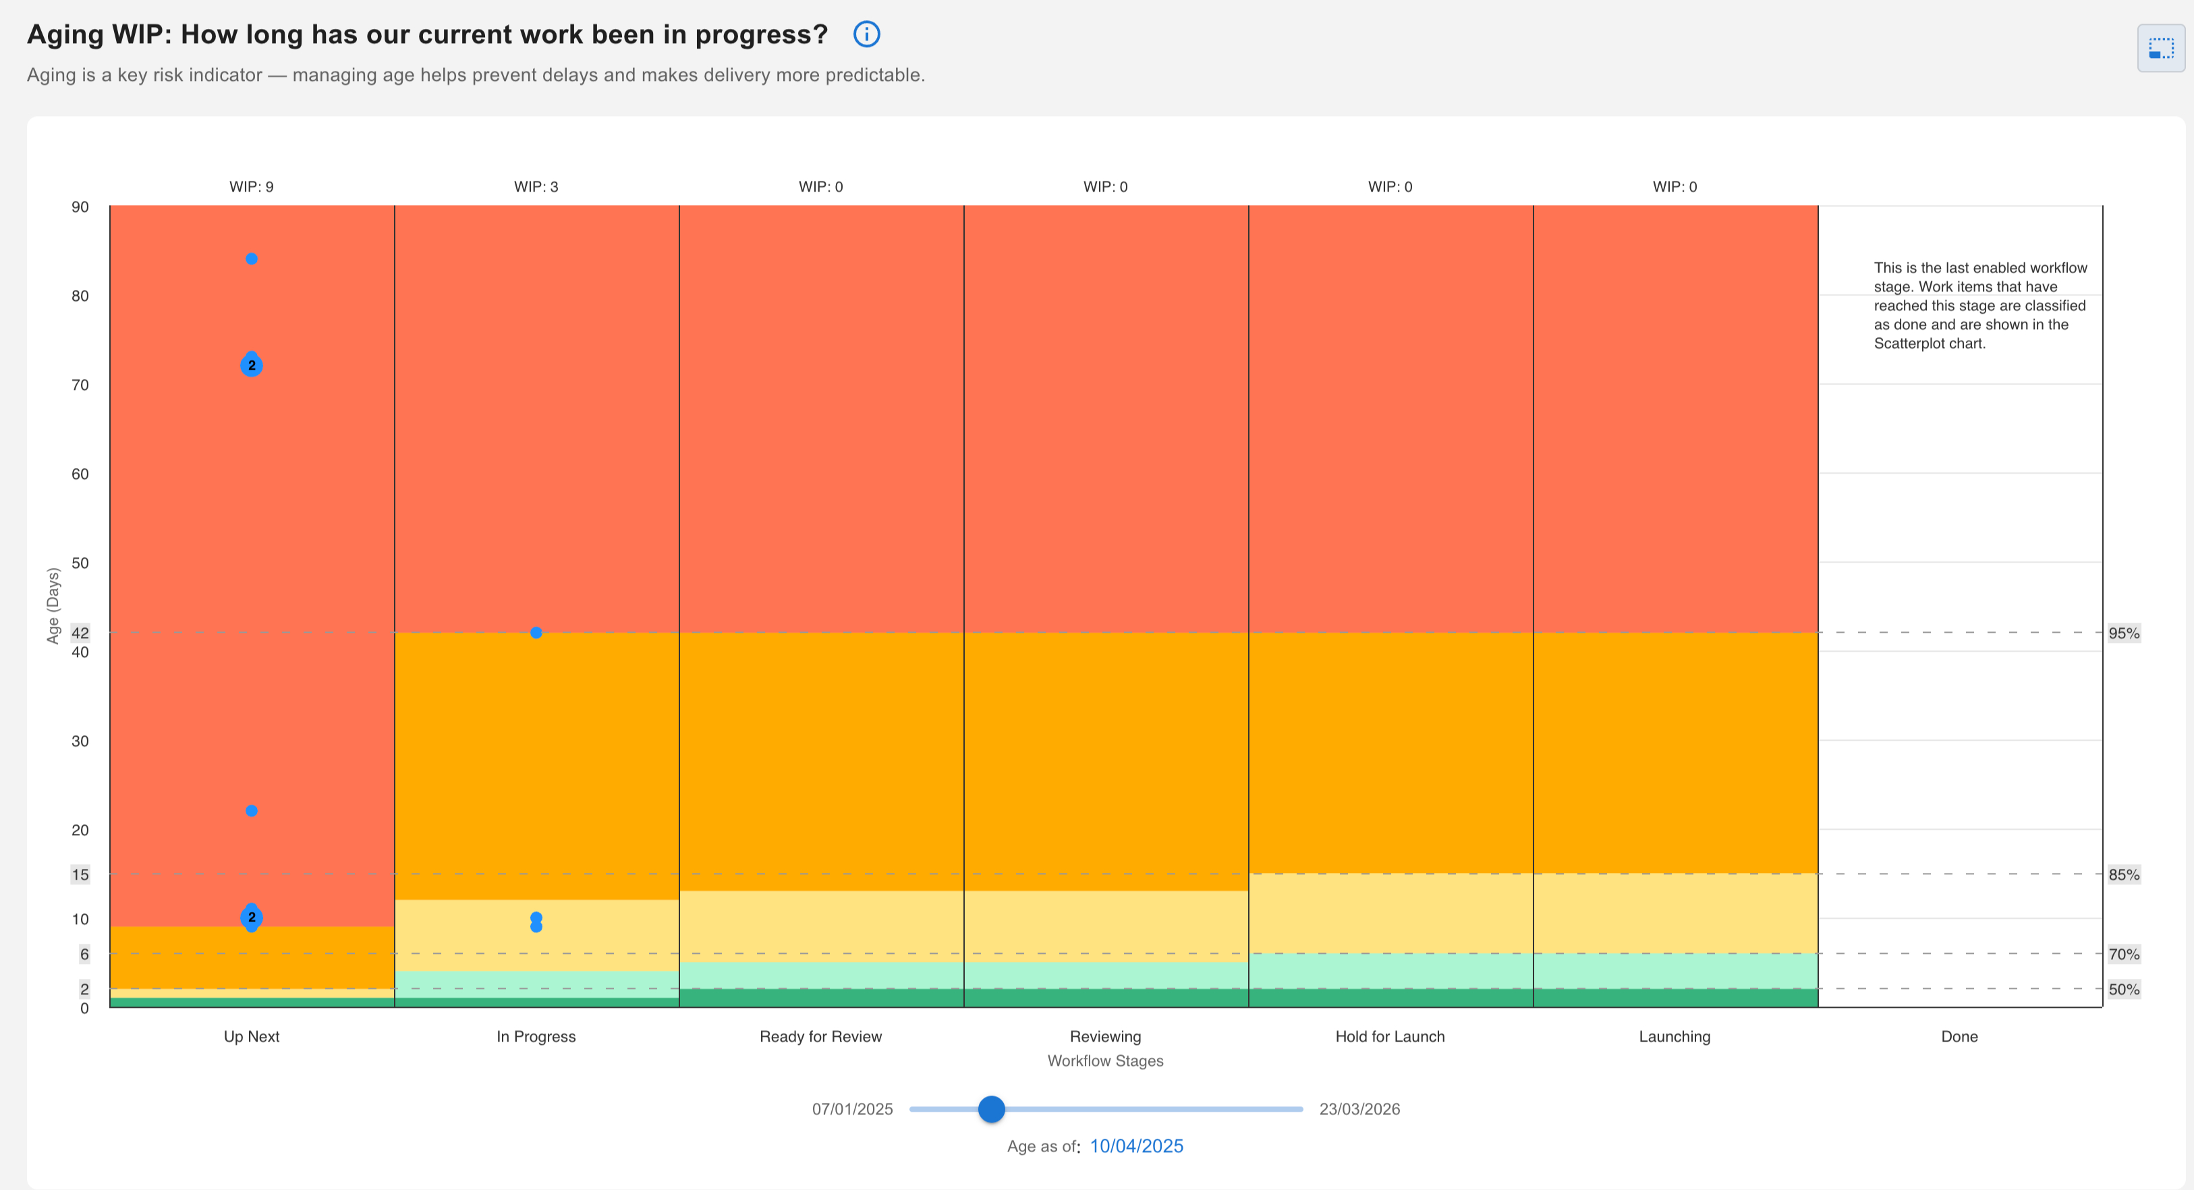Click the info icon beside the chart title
click(x=866, y=34)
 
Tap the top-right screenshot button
click(x=2160, y=49)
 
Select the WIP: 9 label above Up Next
click(x=251, y=187)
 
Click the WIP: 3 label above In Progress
click(x=536, y=187)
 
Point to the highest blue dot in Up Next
click(x=251, y=259)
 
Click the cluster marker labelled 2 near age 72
click(x=251, y=366)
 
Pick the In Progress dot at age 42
click(x=536, y=633)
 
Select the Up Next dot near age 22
click(x=251, y=811)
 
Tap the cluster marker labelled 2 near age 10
click(x=251, y=917)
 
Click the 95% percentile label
click(x=2123, y=633)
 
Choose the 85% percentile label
click(x=2123, y=875)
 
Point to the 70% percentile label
click(x=2123, y=954)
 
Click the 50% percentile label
click(x=2123, y=989)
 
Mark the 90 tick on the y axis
click(x=80, y=207)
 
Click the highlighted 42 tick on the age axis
click(x=80, y=633)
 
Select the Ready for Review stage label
click(x=820, y=1037)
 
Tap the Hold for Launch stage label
click(x=1389, y=1037)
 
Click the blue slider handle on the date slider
click(x=991, y=1109)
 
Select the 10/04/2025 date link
click(x=1136, y=1147)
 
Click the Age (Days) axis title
click(x=53, y=606)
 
